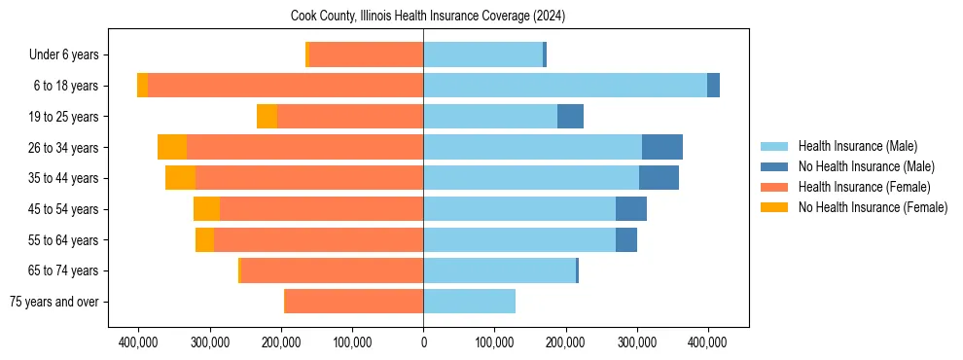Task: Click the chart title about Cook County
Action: click(x=428, y=17)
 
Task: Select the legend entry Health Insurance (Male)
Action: click(x=857, y=147)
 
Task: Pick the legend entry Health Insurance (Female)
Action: click(x=864, y=187)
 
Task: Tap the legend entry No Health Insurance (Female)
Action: click(x=873, y=207)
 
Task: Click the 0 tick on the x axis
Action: click(x=423, y=342)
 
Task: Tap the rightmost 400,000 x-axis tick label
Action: click(x=707, y=342)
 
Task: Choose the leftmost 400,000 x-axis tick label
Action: click(x=138, y=342)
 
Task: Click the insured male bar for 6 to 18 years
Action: click(x=564, y=86)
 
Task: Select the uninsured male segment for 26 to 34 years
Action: click(x=661, y=147)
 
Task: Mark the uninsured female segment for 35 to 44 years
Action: click(x=181, y=178)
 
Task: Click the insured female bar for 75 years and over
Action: click(x=353, y=302)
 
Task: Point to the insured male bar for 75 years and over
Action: click(x=469, y=302)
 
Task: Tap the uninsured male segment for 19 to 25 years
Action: click(x=570, y=117)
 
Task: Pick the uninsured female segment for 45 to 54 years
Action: click(x=206, y=209)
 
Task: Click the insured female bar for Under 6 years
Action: click(x=366, y=55)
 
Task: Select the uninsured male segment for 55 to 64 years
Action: click(x=626, y=239)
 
